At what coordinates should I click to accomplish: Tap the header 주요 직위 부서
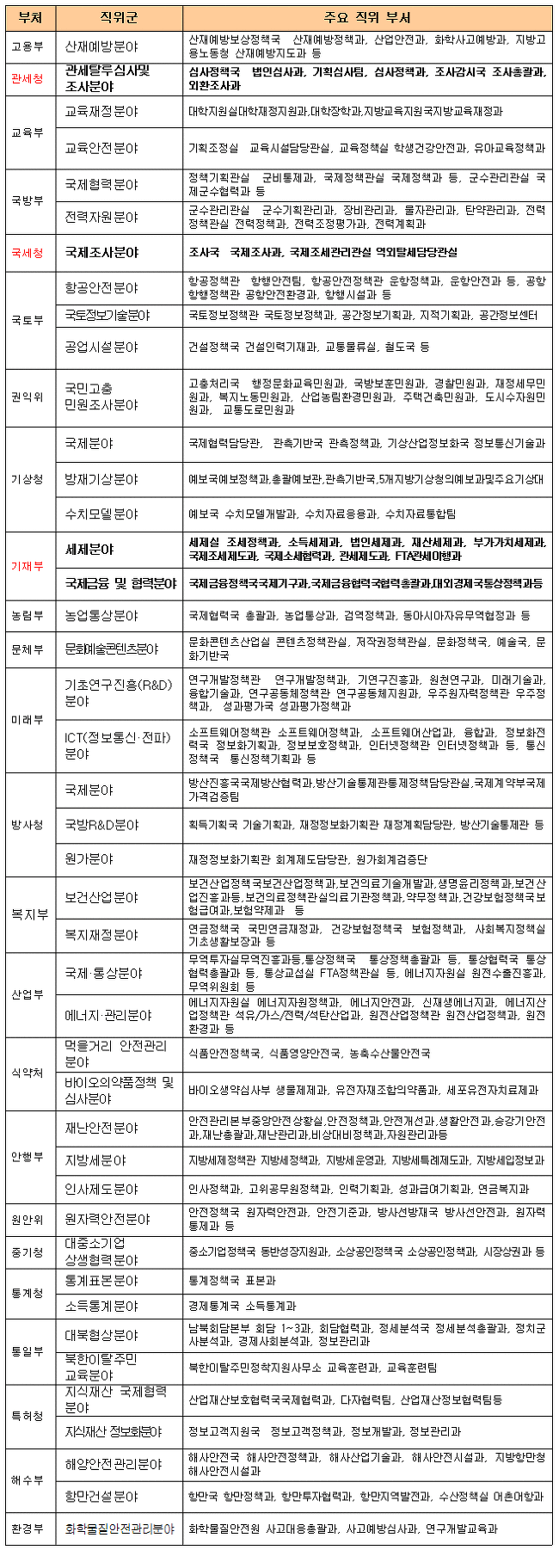367,17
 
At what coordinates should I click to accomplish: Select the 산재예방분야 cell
101,46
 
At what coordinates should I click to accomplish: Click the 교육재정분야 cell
101,112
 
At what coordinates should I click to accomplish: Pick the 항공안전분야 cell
101,287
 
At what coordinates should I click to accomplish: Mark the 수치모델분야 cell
101,514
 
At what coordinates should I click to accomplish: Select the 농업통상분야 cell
101,616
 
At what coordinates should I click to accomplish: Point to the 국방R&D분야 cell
101,825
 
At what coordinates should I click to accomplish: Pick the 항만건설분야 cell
101,1498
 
